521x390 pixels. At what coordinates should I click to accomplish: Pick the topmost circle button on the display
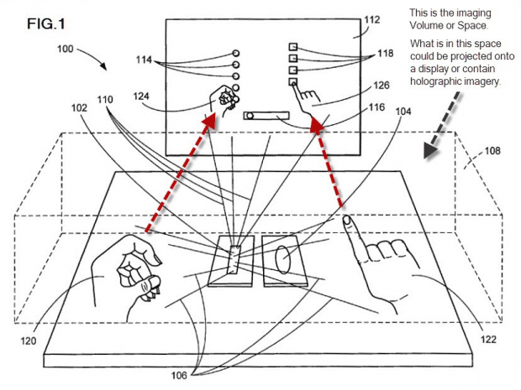[237, 52]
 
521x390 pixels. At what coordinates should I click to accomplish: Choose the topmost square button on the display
[294, 48]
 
